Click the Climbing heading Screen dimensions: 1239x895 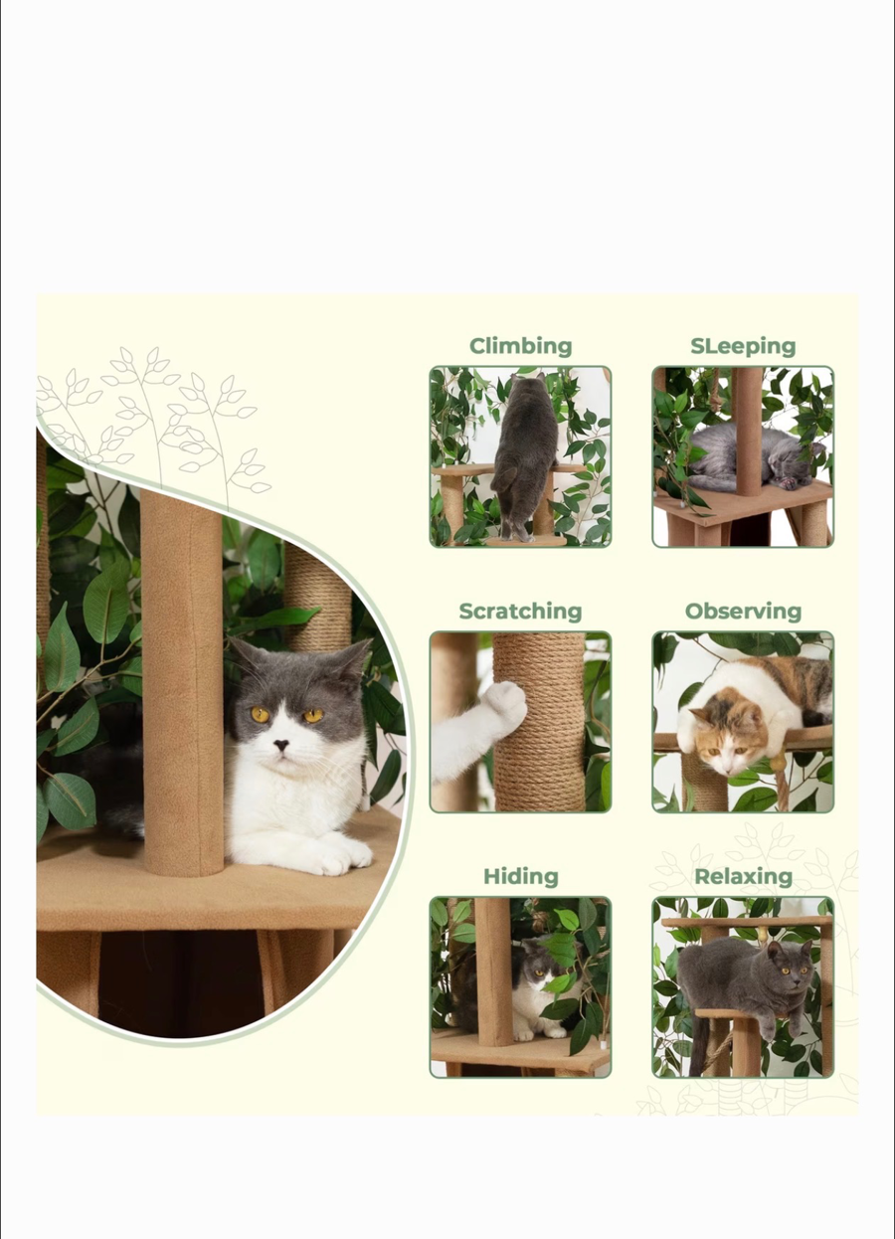520,346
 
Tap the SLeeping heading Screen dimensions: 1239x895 743,346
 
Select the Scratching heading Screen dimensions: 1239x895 520,612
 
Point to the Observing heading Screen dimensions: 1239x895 743,612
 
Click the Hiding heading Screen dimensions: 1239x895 520,876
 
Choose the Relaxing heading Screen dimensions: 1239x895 743,876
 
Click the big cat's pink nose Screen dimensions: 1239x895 282,744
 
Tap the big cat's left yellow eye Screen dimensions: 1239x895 261,714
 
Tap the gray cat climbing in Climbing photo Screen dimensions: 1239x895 524,447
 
